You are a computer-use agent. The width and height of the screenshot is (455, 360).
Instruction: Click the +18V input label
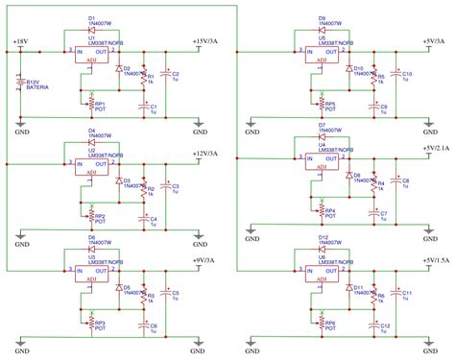click(x=21, y=43)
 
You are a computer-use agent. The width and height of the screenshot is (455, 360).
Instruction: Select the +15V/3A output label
click(x=212, y=42)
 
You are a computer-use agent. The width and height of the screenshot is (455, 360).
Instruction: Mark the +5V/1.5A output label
click(x=436, y=260)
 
